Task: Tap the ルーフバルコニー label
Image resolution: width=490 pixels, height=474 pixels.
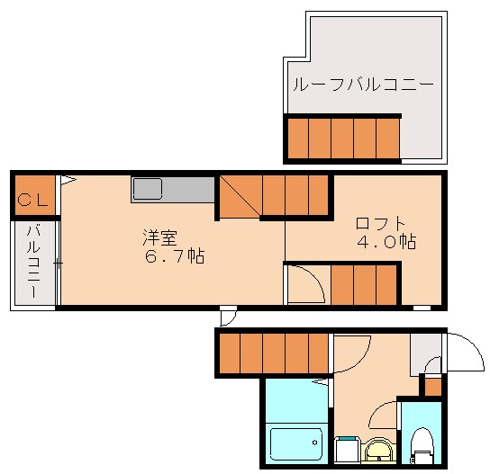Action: (x=362, y=86)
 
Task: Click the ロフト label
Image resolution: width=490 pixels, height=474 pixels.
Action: (x=380, y=223)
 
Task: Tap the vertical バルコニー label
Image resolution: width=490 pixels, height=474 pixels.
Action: (x=33, y=264)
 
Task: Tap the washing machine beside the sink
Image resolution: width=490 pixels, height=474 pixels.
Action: (x=347, y=447)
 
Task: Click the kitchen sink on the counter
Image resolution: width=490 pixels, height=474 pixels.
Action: (x=147, y=189)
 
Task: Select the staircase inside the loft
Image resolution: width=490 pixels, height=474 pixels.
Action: (x=364, y=285)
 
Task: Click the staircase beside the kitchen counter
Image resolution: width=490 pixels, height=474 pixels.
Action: (x=275, y=195)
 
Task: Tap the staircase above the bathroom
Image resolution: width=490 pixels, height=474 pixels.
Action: (x=274, y=353)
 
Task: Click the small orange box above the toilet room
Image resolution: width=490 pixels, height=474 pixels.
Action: (x=433, y=386)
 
